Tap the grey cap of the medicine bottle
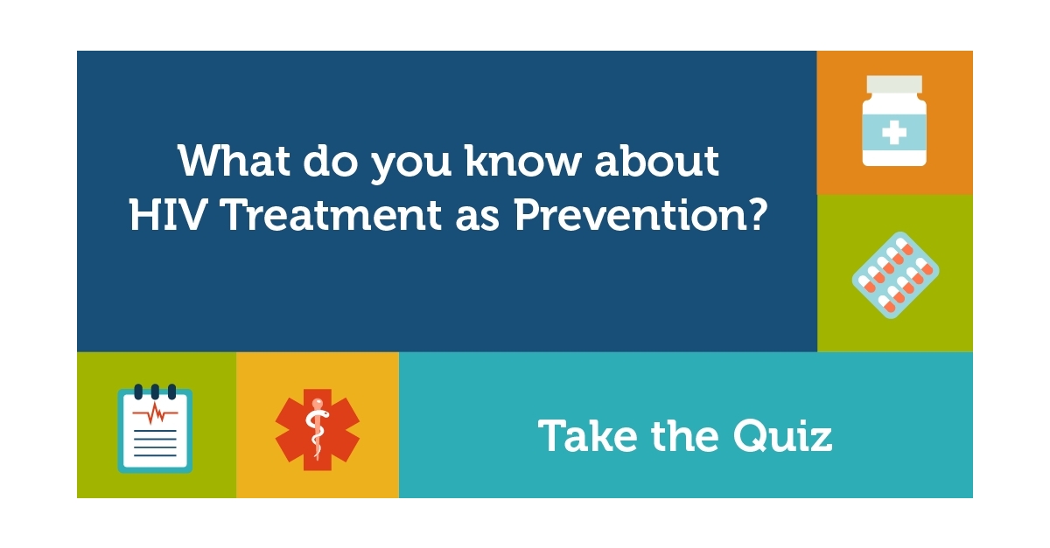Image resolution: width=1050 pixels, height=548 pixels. click(x=894, y=85)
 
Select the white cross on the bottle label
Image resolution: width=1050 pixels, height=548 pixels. click(x=894, y=134)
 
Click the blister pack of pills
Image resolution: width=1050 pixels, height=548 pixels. click(x=895, y=274)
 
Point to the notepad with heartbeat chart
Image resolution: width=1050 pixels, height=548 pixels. click(x=155, y=428)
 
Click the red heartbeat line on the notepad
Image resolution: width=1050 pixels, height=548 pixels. click(x=155, y=413)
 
